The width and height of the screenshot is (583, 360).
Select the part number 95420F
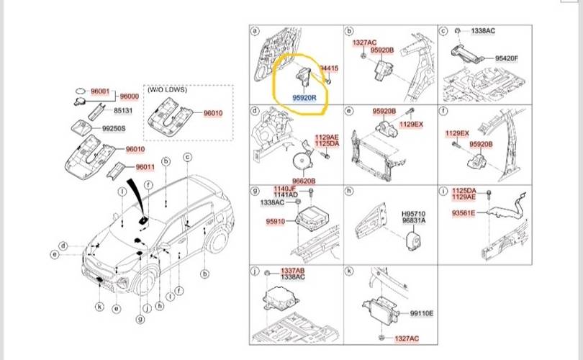point(507,58)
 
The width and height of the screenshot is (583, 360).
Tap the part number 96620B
point(304,180)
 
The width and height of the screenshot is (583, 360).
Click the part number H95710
point(413,214)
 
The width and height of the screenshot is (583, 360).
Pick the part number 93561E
point(463,213)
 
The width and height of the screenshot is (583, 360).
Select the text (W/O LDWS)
point(166,91)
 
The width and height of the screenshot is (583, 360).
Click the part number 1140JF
point(285,189)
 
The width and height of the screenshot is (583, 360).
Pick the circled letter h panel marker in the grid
point(350,190)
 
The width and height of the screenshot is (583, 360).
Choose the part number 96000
point(130,96)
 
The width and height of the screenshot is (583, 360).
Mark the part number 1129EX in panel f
point(456,133)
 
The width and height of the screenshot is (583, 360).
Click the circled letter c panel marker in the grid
point(444,32)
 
